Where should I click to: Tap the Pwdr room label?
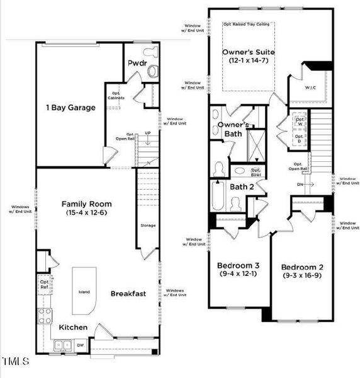(137, 64)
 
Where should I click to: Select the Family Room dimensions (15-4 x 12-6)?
(86, 214)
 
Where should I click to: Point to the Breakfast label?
(128, 294)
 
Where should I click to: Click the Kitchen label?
(74, 328)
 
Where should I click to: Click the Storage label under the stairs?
(148, 225)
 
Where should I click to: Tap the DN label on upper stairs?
(301, 185)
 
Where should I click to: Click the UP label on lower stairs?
(148, 134)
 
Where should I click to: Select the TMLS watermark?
(16, 362)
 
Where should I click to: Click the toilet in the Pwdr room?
(152, 71)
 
